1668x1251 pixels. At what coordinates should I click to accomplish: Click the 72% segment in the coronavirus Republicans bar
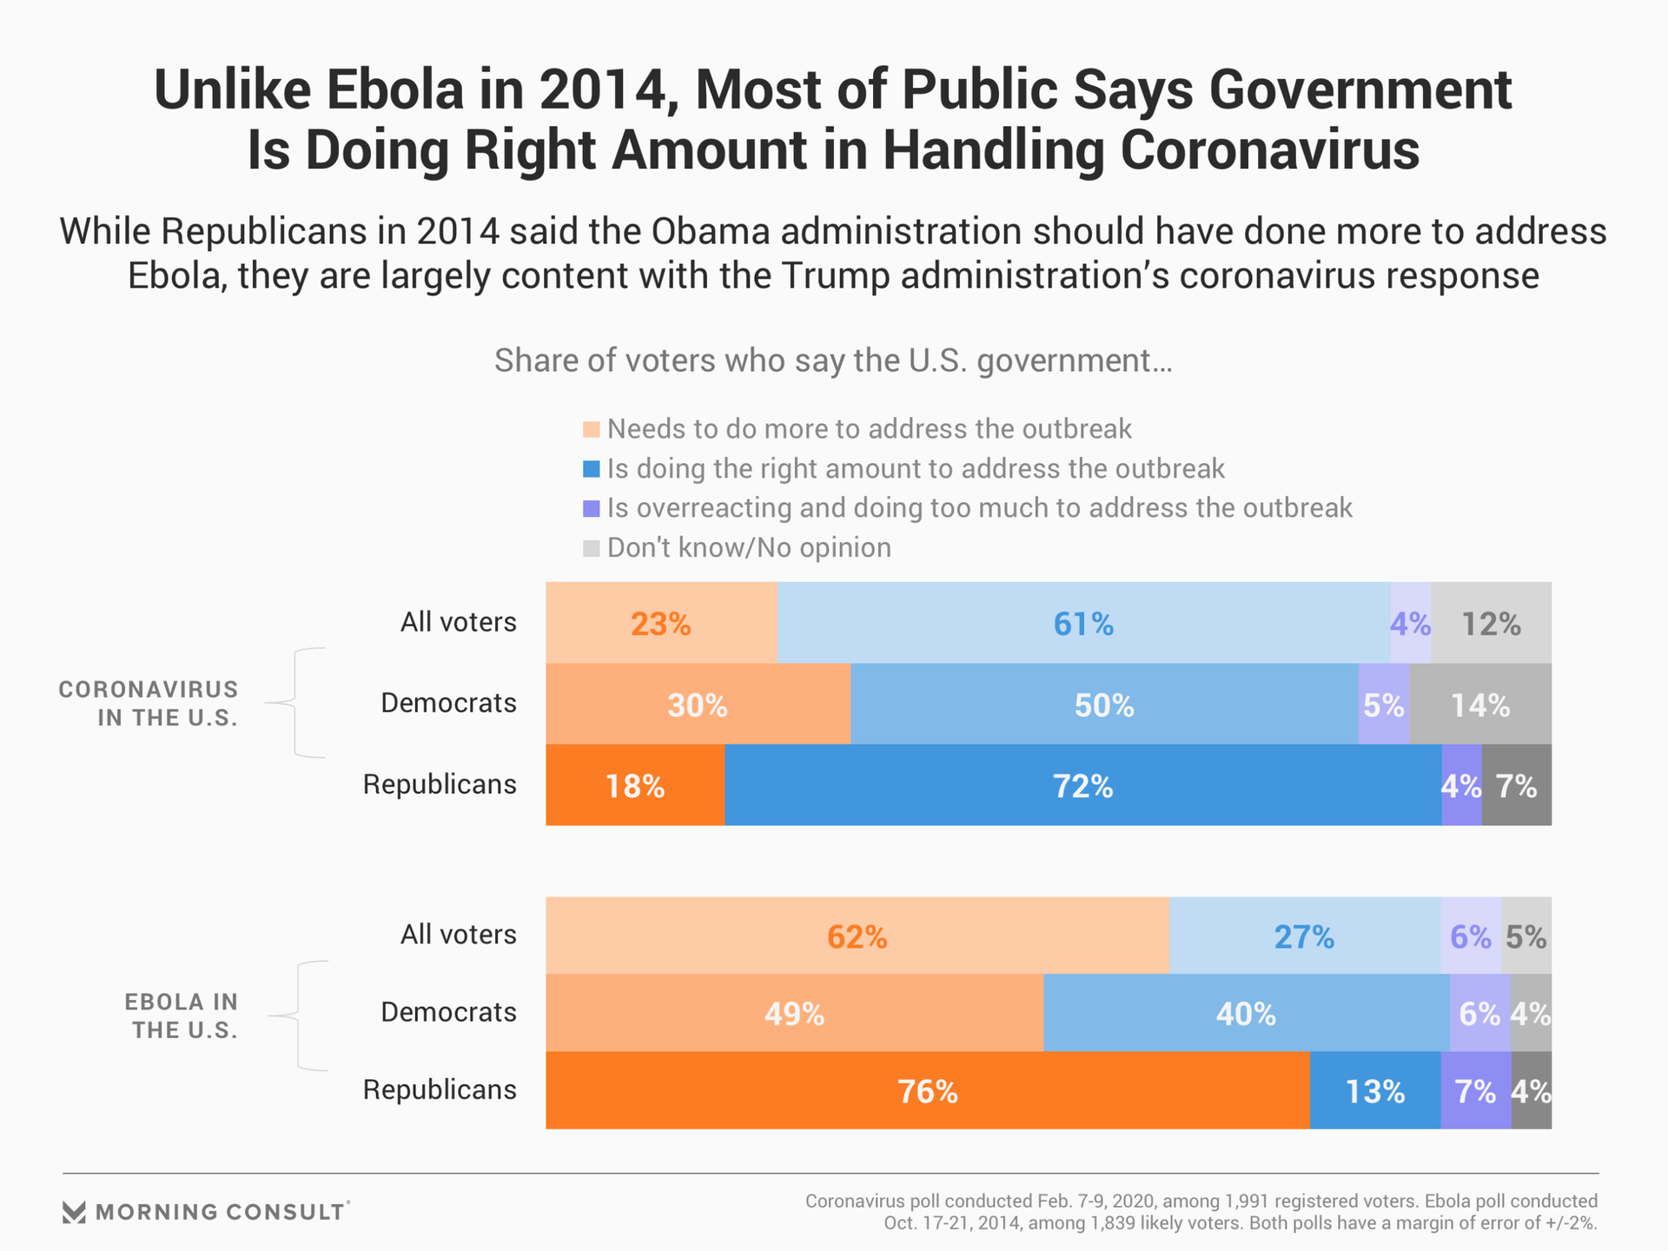click(1082, 785)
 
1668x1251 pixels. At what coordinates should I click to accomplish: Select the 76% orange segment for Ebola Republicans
click(927, 1090)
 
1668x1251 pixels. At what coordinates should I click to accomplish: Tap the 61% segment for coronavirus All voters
click(1083, 623)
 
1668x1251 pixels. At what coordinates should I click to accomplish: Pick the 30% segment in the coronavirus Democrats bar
click(698, 704)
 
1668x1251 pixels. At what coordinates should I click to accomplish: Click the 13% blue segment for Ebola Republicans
click(1374, 1090)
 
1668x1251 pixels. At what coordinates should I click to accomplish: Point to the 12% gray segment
click(1491, 623)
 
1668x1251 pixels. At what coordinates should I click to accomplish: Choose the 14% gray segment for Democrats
click(1480, 704)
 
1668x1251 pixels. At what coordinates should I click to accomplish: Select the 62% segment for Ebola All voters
click(857, 936)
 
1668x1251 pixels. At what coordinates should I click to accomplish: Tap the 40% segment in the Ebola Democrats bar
click(1246, 1013)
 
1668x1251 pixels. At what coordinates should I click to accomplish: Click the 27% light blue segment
click(1304, 936)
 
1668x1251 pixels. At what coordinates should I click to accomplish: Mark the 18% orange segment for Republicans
click(635, 785)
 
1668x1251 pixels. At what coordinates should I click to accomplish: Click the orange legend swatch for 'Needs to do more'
click(592, 429)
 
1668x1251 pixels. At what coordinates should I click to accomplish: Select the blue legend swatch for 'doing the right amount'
click(592, 469)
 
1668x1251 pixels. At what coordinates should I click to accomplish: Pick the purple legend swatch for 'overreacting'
click(592, 508)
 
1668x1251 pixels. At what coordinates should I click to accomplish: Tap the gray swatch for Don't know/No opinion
click(592, 548)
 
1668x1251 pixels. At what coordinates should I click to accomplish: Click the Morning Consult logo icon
click(75, 1212)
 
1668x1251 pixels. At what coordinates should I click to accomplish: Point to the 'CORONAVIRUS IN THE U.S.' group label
click(149, 704)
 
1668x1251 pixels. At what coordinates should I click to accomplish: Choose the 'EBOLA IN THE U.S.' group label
click(181, 1016)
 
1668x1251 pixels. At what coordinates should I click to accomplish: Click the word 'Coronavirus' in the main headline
click(1269, 149)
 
